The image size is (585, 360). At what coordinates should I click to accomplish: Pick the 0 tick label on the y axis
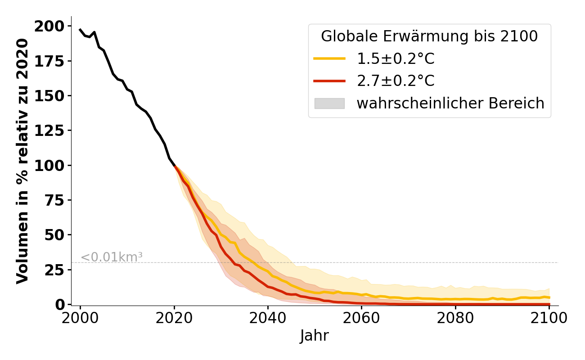pos(60,305)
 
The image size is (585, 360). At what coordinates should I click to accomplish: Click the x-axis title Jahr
pos(315,336)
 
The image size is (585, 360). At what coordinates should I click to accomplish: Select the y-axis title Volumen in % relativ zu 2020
pos(23,161)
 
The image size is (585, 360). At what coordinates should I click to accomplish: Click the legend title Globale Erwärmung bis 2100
pos(429,36)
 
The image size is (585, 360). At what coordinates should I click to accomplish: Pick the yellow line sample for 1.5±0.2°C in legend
pos(329,59)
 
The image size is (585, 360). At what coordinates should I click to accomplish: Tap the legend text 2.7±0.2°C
pos(396,81)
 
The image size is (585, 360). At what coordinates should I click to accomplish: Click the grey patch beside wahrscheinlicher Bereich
pos(329,103)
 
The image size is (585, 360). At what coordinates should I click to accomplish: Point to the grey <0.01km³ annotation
pos(112,257)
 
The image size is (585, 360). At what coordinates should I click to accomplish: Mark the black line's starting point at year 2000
pos(80,30)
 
